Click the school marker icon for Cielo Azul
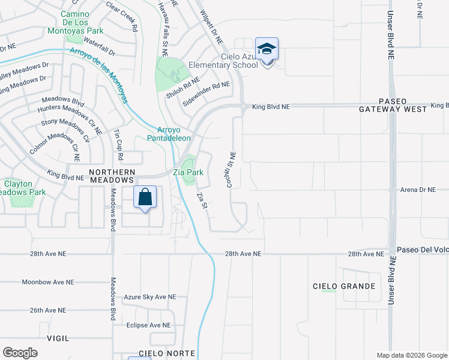pos(267,50)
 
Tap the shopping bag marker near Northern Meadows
pos(145,197)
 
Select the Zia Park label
pos(188,172)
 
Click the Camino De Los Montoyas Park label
pos(83,22)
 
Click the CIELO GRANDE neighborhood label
pos(344,286)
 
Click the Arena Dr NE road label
pos(417,190)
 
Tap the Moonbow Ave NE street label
pos(48,281)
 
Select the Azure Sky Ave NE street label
pos(150,297)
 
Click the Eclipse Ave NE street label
pos(149,325)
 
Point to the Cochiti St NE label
pos(230,170)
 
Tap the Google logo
pos(20,353)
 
